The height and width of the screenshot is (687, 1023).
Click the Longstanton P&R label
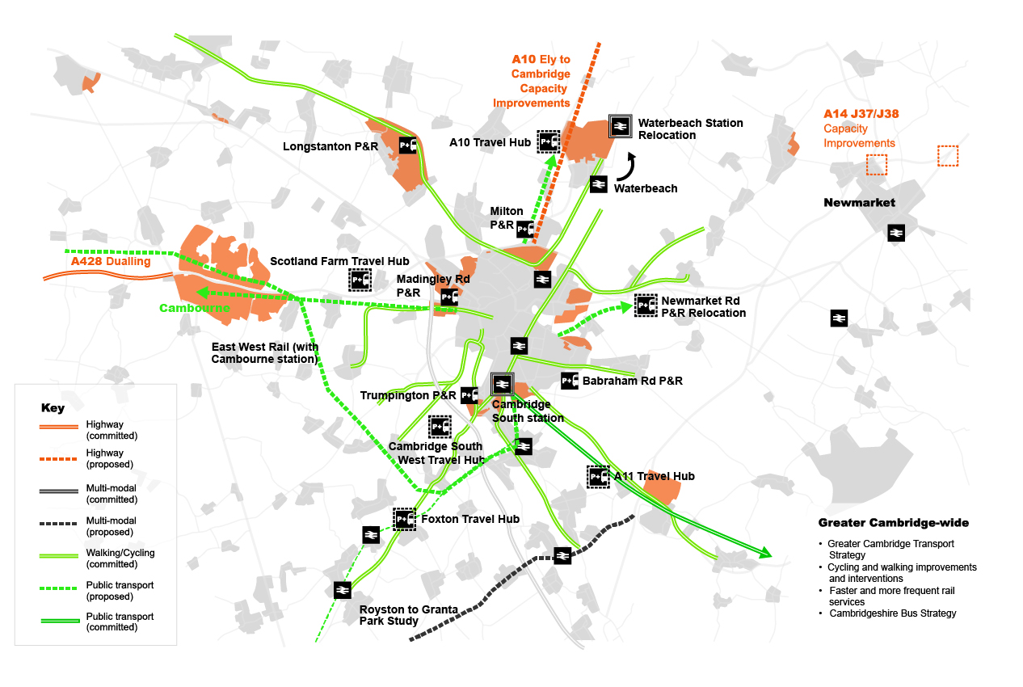coord(330,146)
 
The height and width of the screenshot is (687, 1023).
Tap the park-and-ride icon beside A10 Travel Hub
coord(549,142)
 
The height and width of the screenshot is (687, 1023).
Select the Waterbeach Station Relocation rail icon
coord(621,126)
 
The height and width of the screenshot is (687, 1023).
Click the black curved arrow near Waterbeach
coord(628,167)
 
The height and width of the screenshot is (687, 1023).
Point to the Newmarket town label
coord(859,202)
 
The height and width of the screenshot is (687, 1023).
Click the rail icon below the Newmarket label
coord(895,233)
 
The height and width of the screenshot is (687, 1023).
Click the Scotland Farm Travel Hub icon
coord(360,280)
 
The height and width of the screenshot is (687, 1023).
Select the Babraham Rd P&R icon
coord(570,381)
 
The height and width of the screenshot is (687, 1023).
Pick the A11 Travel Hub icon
coord(598,477)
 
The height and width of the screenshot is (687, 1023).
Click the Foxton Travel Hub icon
coord(404,519)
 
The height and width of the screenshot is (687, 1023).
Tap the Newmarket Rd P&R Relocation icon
coord(645,305)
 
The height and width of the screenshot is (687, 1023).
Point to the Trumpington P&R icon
coord(469,395)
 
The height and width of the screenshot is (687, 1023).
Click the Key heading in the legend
coord(53,408)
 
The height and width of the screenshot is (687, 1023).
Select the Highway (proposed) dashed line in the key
coord(61,458)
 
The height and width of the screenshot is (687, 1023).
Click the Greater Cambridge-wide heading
coord(894,523)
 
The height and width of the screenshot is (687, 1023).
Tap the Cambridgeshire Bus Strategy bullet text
coord(892,613)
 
